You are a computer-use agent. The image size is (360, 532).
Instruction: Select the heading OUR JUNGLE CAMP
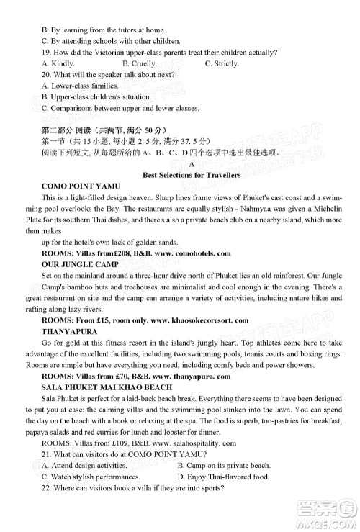(x=74, y=264)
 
